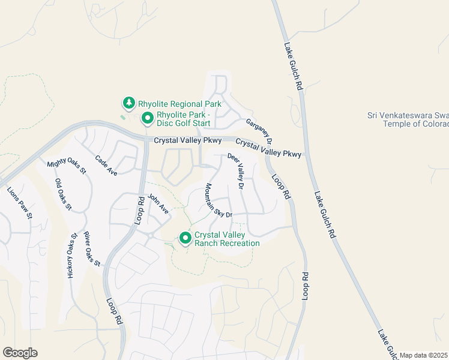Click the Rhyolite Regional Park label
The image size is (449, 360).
coord(179,104)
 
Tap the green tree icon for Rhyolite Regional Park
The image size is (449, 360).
coord(128,104)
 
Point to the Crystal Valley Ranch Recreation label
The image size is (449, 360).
coord(227,239)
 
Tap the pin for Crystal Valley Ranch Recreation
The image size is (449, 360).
coord(185,239)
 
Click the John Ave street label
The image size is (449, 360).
coord(158,204)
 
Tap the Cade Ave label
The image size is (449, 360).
coord(106,165)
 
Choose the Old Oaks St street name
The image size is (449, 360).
coord(63,194)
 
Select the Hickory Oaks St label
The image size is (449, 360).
coord(72,255)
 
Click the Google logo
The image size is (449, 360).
coord(20,353)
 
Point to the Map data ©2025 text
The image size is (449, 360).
coord(424,355)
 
